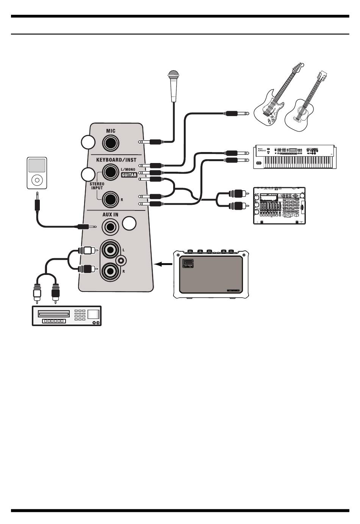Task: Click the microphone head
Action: pos(174,75)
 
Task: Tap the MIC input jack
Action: pos(111,143)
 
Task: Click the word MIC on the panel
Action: pos(111,131)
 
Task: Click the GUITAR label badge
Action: pos(129,175)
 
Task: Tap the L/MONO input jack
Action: pos(111,173)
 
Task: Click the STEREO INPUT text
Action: pos(97,186)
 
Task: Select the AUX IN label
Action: pos(110,215)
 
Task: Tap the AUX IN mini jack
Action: pos(111,227)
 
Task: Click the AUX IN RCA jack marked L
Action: pos(110,250)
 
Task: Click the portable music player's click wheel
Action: pos(37,180)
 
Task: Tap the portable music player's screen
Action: pos(37,166)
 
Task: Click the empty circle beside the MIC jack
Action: pos(88,143)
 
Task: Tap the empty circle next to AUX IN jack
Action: pos(129,224)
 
